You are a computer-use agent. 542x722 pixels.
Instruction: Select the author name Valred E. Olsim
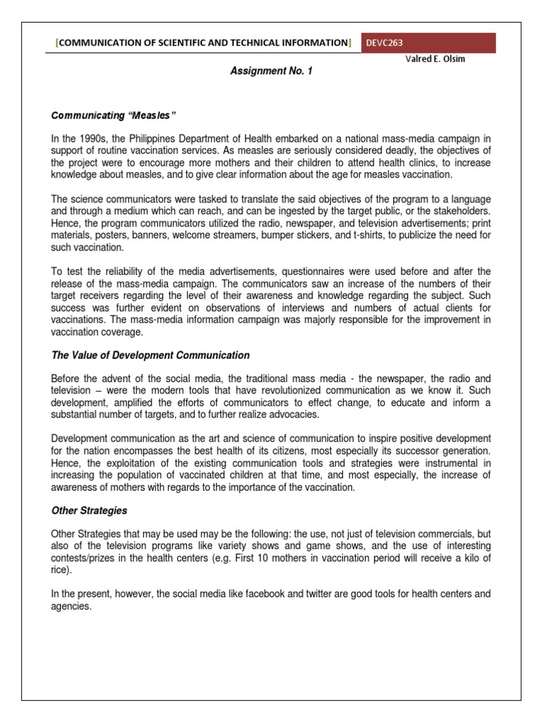coord(430,59)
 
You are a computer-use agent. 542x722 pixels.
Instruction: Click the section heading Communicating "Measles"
coord(102,115)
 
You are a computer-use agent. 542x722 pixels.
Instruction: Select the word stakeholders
coord(462,212)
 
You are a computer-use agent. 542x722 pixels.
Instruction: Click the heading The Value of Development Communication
coord(150,355)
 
